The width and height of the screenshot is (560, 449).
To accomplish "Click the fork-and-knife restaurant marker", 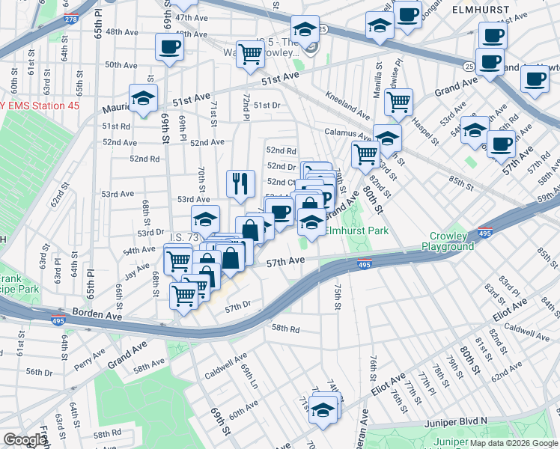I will pos(240,183).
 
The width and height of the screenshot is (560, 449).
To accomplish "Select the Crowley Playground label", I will pos(448,241).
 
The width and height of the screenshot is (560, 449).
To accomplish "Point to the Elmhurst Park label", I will pos(356,231).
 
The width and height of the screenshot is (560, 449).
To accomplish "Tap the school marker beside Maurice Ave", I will pos(141,97).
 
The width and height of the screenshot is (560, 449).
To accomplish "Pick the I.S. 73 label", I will pos(183,237).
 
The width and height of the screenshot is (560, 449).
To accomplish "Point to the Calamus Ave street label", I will pos(348,134).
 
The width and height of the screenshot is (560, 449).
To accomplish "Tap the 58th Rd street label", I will pos(285,329).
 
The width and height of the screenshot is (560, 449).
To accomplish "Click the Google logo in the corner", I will pos(24,440).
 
